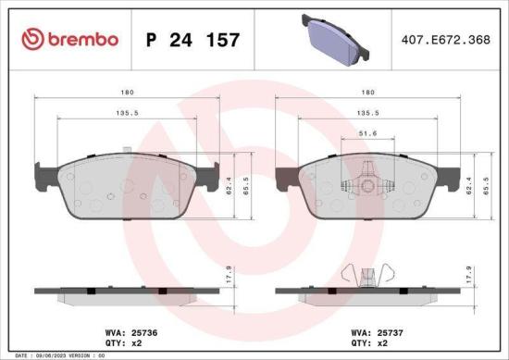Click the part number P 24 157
193,40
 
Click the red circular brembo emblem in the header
31,39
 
